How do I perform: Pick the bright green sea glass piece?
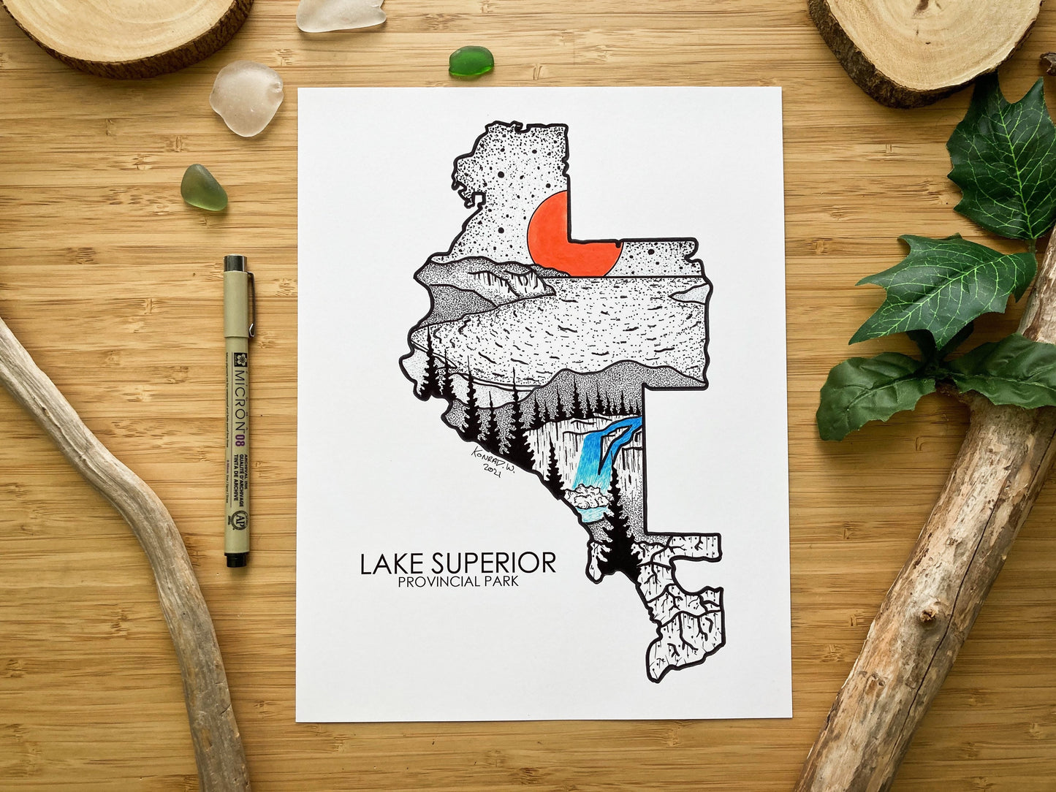tap(471, 61)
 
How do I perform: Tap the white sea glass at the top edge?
tap(341, 15)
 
